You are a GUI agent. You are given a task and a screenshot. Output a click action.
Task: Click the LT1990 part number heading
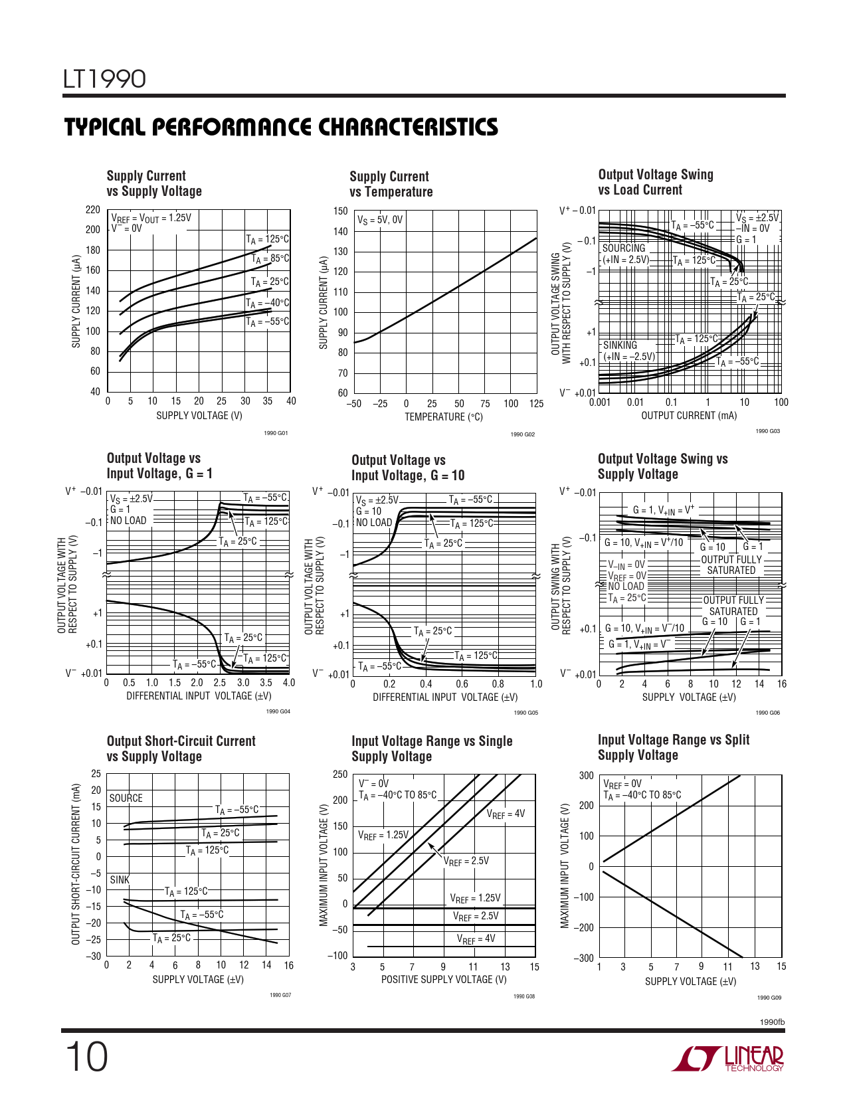[104, 79]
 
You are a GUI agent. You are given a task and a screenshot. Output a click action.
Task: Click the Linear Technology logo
[728, 1058]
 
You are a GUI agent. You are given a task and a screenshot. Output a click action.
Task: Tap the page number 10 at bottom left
[86, 1057]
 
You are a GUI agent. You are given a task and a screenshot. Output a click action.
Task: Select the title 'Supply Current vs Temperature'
[391, 184]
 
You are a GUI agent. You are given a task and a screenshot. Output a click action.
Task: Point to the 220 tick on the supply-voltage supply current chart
[93, 210]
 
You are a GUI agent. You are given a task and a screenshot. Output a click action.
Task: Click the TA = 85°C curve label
[270, 258]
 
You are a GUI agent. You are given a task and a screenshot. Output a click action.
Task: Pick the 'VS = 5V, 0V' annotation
[380, 220]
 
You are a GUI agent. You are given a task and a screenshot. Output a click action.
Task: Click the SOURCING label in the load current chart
[624, 248]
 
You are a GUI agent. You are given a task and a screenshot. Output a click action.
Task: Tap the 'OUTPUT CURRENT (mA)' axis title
[689, 416]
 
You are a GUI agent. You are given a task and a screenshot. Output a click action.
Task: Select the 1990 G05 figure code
[526, 713]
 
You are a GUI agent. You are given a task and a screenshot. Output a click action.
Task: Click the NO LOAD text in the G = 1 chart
[128, 521]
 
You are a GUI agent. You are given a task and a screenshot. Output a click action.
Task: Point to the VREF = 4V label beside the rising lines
[506, 814]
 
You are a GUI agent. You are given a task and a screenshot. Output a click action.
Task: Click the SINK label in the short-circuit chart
[120, 879]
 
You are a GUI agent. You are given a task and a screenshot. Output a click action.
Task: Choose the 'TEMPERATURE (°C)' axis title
[444, 417]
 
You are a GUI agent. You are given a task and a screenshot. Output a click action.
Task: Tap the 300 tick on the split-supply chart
[586, 775]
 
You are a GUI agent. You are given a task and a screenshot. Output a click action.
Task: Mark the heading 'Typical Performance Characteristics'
[281, 127]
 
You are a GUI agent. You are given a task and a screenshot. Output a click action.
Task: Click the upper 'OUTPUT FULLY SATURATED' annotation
[731, 565]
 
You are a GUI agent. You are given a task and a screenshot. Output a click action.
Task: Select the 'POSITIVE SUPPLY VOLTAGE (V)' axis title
[444, 979]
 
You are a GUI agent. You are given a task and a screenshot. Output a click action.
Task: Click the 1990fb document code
[771, 1022]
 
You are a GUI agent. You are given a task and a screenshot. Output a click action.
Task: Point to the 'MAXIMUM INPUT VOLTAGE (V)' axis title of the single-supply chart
[324, 866]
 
